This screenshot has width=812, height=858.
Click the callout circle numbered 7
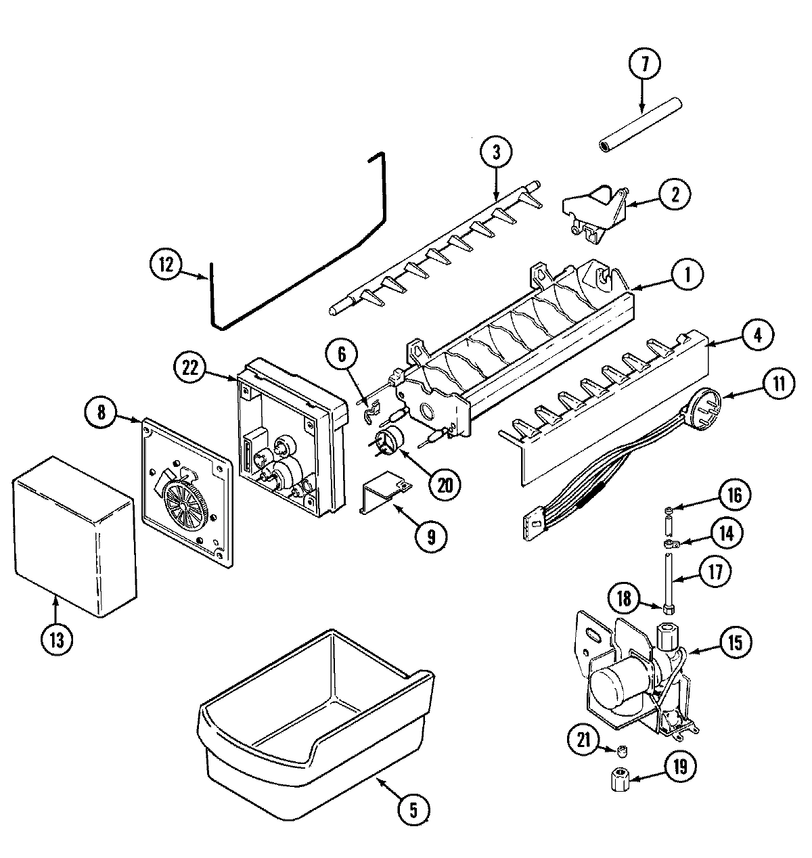(644, 64)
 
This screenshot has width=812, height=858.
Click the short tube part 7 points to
(639, 125)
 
